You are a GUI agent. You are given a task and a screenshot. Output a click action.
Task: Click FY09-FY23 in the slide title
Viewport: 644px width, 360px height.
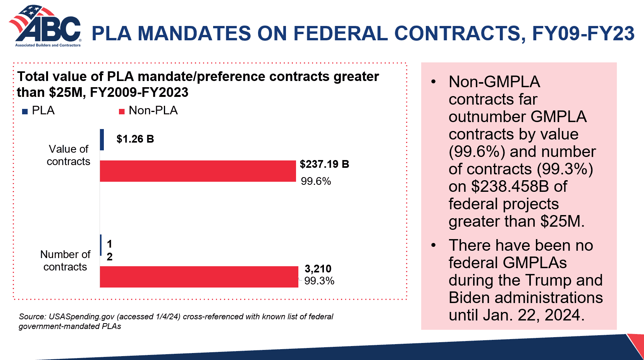pos(583,33)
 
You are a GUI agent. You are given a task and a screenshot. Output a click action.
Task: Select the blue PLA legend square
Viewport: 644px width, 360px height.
pos(25,112)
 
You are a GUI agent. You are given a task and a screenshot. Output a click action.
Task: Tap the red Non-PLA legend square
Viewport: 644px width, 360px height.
pos(122,112)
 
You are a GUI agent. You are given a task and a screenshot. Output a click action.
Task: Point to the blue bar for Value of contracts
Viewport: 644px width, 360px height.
pos(102,140)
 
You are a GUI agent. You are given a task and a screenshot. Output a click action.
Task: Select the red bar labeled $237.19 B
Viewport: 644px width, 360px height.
pos(198,171)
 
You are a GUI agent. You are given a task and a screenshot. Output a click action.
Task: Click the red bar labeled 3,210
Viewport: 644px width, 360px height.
pos(199,277)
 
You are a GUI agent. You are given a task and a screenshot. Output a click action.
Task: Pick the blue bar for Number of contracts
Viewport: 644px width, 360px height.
pos(101,245)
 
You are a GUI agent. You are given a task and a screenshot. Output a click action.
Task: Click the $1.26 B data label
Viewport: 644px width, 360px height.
pos(135,139)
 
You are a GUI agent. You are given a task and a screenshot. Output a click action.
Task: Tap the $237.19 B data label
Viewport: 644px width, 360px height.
pos(324,164)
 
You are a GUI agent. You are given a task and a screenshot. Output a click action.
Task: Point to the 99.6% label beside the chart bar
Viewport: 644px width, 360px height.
pos(316,181)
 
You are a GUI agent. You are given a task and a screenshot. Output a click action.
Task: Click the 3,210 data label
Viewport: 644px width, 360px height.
pos(318,269)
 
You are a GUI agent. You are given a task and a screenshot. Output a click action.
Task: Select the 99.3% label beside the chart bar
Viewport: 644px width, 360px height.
pos(319,281)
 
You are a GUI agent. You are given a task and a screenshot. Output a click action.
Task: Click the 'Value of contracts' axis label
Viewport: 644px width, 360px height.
pos(69,155)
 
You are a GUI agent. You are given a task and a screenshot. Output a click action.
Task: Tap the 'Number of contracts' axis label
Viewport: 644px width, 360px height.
pos(65,260)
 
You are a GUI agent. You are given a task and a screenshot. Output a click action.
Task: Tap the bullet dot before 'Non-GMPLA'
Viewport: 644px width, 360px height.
pos(434,82)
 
